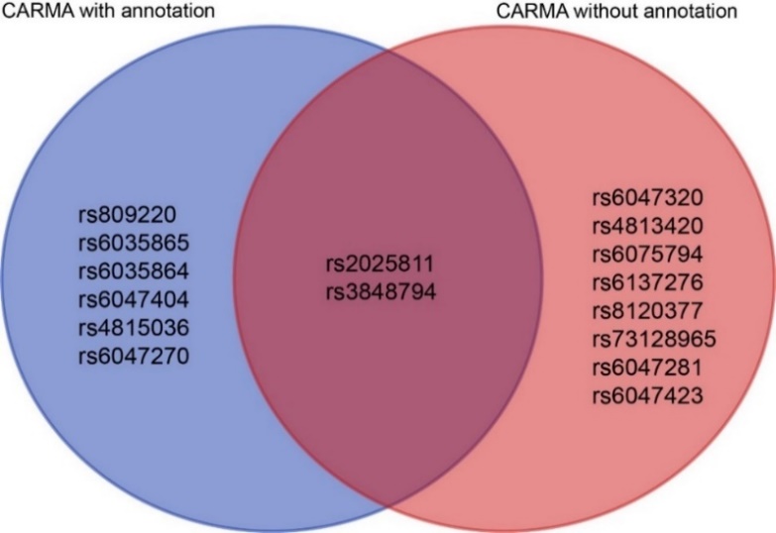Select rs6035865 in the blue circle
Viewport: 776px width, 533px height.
point(133,242)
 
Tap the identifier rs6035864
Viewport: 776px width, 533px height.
point(133,270)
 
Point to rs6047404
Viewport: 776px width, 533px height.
point(133,298)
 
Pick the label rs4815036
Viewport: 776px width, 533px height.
point(133,327)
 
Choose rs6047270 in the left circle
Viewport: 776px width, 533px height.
point(133,355)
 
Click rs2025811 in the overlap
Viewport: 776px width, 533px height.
point(380,265)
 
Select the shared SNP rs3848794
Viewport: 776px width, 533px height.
point(380,293)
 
